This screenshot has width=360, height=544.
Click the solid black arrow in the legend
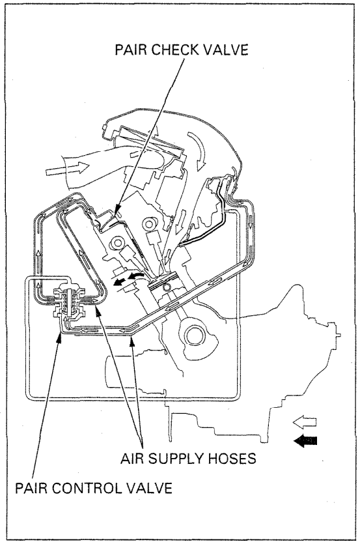(x=307, y=441)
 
